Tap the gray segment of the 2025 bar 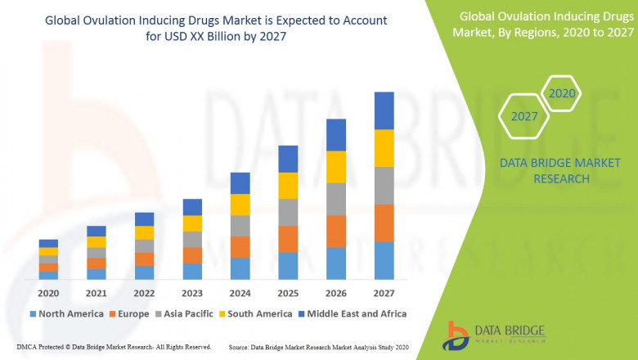[x=287, y=212]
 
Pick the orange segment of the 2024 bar [x=240, y=247]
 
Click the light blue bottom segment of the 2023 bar [x=192, y=272]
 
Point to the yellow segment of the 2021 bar [x=97, y=242]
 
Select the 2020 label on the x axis [x=48, y=293]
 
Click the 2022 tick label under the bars [x=144, y=293]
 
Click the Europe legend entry [x=128, y=313]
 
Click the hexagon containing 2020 [x=562, y=94]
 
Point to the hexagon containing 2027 [x=524, y=116]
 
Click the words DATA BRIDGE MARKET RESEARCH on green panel [x=544, y=171]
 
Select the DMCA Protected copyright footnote [x=114, y=347]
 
